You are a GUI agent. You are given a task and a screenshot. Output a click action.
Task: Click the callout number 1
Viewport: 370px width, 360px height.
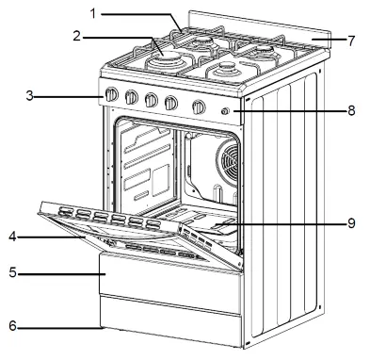point(92,14)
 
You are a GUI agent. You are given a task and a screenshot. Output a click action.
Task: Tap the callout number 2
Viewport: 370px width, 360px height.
point(77,37)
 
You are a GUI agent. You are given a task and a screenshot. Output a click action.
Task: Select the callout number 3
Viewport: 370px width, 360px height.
point(29,96)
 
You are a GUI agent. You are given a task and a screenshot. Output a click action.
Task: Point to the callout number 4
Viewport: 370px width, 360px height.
point(12,237)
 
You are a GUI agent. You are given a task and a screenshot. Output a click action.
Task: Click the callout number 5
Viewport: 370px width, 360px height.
point(12,272)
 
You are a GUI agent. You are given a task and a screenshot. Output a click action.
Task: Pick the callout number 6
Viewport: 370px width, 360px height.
point(12,326)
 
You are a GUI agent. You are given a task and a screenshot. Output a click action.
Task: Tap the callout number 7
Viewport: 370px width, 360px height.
point(351,41)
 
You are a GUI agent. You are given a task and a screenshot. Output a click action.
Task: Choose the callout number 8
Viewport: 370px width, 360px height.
point(351,110)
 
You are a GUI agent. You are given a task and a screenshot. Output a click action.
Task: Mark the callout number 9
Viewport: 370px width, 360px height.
point(351,223)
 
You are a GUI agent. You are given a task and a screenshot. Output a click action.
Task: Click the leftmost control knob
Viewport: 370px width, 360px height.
point(111,94)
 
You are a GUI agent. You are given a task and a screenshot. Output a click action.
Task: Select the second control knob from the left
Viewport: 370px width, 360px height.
point(131,97)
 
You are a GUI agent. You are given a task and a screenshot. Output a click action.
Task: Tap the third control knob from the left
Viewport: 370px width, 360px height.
point(152,100)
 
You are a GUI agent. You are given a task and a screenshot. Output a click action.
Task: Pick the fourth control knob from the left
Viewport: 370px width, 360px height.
point(171,103)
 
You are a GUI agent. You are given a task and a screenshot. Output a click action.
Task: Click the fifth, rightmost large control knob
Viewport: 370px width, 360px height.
point(199,106)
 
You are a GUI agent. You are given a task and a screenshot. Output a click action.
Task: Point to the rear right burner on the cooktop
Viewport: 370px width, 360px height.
point(264,51)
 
